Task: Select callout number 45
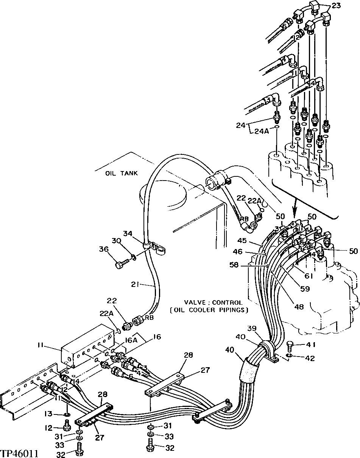[242, 240]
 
